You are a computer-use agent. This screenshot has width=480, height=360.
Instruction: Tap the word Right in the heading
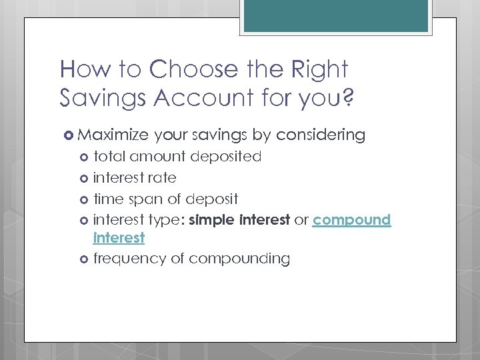click(322, 70)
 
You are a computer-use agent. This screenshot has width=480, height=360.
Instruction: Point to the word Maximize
click(113, 135)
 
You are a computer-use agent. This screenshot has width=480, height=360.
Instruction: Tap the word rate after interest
click(164, 178)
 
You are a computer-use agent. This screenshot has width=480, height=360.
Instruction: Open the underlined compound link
click(351, 220)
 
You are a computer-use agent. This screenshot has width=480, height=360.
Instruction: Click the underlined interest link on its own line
click(119, 238)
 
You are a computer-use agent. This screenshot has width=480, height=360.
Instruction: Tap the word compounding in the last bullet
click(239, 259)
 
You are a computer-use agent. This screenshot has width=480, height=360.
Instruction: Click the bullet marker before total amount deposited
click(85, 157)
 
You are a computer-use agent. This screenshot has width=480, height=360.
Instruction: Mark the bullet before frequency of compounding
click(85, 259)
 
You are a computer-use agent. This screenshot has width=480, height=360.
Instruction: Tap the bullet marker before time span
click(85, 199)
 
